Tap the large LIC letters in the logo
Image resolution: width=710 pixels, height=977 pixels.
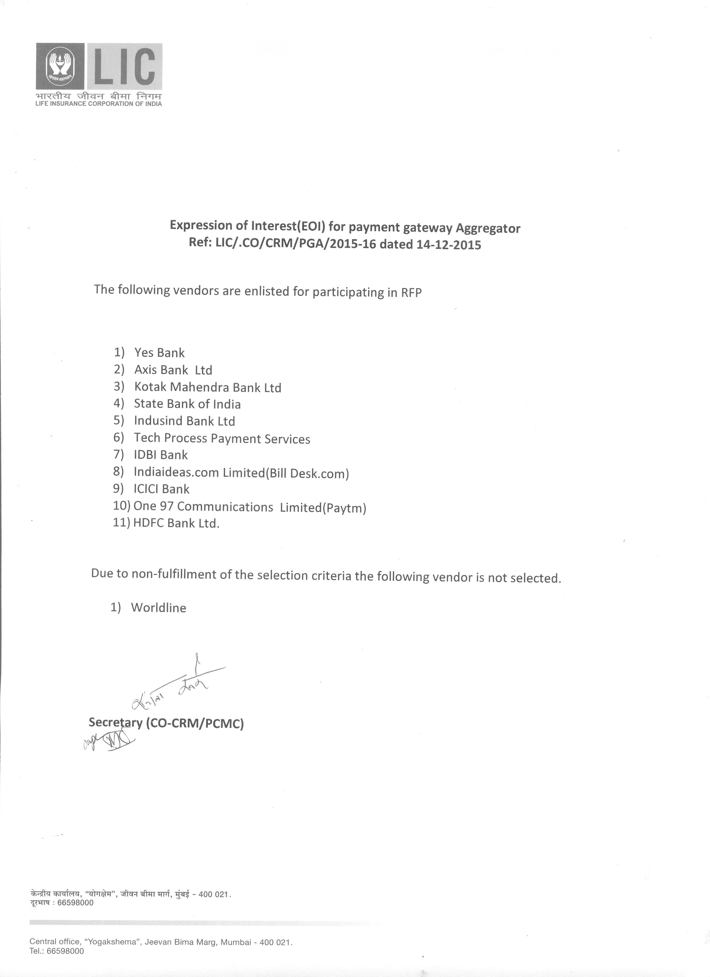click(124, 66)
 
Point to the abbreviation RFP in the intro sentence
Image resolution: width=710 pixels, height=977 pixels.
click(412, 293)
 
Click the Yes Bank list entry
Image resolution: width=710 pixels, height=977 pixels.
click(160, 353)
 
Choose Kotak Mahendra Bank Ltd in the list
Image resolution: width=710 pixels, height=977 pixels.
click(208, 387)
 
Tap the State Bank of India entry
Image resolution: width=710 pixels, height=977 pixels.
click(187, 404)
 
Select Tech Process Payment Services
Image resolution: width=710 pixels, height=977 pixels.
click(222, 438)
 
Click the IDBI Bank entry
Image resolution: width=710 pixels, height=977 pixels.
click(161, 455)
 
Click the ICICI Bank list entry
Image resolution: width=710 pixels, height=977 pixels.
click(161, 489)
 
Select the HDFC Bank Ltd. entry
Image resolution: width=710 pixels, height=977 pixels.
click(176, 523)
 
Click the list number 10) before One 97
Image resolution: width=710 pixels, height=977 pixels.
click(121, 506)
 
